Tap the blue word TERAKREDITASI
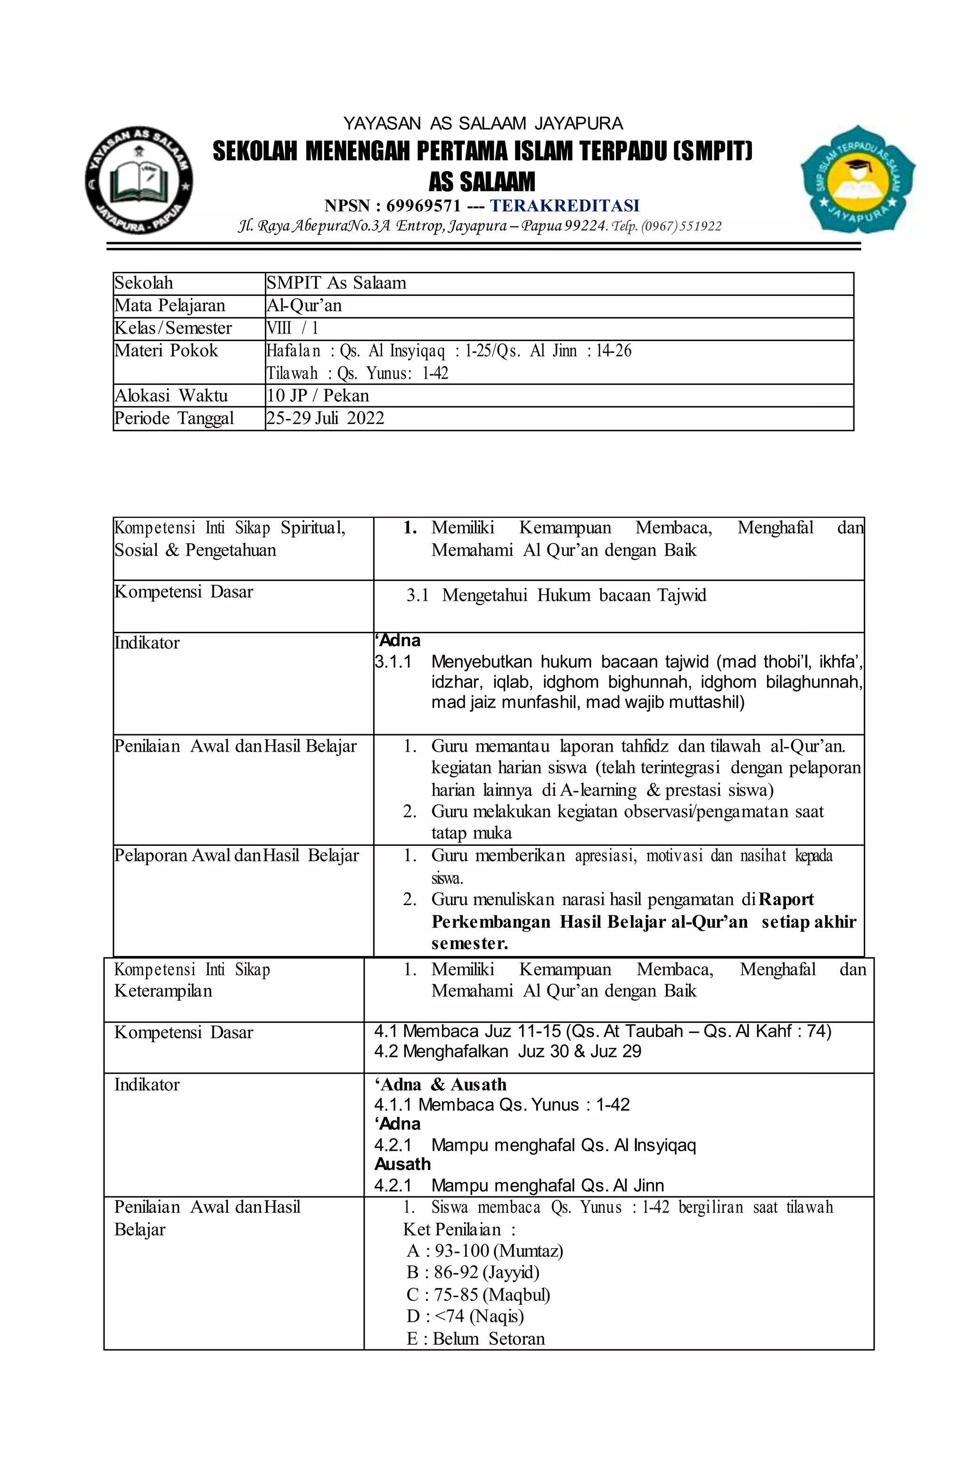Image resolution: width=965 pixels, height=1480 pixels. [x=564, y=206]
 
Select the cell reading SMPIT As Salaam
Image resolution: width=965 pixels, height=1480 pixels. [x=336, y=283]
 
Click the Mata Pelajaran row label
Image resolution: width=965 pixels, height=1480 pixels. [x=169, y=305]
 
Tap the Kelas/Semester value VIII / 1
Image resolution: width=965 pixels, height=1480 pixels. [x=292, y=328]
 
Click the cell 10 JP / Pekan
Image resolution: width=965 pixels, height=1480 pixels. [x=318, y=395]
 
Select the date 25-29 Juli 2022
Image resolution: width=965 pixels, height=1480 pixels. [x=325, y=418]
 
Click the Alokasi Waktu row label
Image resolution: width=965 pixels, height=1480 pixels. [x=171, y=395]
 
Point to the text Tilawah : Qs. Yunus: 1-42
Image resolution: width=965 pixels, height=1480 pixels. [x=358, y=373]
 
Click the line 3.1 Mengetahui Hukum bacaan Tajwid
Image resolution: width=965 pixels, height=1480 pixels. [x=556, y=595]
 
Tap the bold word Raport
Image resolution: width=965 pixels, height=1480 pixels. [x=786, y=899]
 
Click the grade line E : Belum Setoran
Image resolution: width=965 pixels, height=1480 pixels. [x=475, y=1339]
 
